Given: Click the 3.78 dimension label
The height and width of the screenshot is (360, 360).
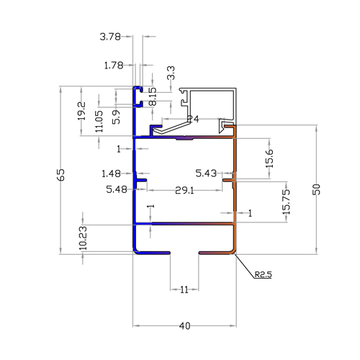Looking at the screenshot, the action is click(110, 37).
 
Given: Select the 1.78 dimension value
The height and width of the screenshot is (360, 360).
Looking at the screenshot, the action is click(114, 66).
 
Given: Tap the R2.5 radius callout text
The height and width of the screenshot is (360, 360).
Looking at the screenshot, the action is click(263, 274).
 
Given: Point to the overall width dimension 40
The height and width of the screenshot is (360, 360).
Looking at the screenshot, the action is click(184, 326).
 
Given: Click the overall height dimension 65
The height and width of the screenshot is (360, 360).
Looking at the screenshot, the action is click(61, 175).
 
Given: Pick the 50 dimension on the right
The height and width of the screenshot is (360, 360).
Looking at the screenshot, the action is click(317, 189).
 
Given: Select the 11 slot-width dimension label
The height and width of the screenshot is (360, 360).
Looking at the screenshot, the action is click(184, 290).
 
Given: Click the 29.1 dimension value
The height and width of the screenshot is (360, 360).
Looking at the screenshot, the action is click(184, 191).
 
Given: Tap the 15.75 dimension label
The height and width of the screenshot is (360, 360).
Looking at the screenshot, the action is click(287, 202).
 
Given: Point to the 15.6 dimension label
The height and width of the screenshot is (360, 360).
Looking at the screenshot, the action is click(269, 158).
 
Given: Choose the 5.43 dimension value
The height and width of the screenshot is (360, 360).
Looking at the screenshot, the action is click(206, 173).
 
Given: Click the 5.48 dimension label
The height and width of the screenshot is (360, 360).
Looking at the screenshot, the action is click(117, 189).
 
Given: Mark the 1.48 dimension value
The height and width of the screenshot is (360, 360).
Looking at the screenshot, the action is click(111, 174).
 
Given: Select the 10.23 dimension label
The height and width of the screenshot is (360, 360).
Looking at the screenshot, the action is click(83, 238).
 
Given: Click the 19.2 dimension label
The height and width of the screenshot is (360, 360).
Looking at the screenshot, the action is click(81, 111).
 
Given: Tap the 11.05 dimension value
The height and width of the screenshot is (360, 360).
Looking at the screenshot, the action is click(99, 121).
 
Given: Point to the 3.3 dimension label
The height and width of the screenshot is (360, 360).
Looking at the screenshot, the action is click(171, 73).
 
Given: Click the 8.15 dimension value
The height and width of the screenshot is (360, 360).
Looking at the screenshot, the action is click(153, 96).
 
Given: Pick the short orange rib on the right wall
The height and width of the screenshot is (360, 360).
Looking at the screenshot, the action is click(228, 180).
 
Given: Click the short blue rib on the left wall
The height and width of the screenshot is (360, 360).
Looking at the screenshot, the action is click(141, 180).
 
